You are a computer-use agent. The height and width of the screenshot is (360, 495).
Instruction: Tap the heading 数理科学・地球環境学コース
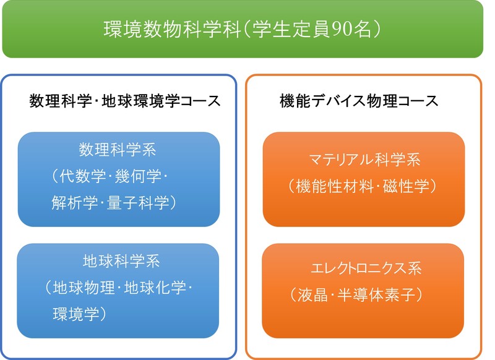[x=125, y=101]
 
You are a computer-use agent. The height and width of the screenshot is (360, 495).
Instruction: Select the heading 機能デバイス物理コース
[x=359, y=101]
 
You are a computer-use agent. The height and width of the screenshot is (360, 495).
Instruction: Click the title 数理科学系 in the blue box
[x=118, y=149]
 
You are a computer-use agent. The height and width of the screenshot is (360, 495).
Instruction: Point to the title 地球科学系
[x=121, y=261]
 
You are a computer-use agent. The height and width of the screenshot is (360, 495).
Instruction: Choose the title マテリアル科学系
[x=365, y=160]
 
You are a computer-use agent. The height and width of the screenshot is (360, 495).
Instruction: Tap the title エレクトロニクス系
[x=366, y=268]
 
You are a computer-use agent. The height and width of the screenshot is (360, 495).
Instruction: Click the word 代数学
[x=83, y=176]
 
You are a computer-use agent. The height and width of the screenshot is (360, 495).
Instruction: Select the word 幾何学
[x=138, y=176]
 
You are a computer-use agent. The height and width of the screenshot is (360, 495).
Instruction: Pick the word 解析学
[x=75, y=202]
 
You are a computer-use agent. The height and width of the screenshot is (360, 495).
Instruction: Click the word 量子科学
[x=138, y=202]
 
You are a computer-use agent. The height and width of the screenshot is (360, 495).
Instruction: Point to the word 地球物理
[x=84, y=288]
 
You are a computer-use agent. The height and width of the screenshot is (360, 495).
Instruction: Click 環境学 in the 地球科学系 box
[x=76, y=314]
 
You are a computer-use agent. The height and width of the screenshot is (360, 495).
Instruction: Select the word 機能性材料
[x=335, y=186]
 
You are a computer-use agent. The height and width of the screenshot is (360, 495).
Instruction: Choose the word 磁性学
[x=407, y=186]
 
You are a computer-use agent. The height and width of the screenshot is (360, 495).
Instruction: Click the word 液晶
[x=313, y=294]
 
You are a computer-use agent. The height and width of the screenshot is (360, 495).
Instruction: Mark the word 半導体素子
[x=376, y=294]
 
